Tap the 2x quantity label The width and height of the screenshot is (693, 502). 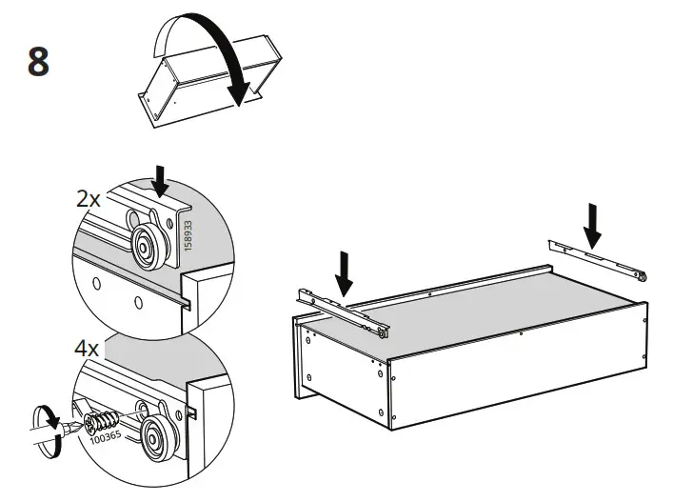point(89,199)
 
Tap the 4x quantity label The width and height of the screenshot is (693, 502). point(87,349)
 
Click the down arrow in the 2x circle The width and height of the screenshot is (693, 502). point(160,180)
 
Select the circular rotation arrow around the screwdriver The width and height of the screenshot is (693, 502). point(43,420)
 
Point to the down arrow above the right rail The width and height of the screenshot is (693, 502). point(593,222)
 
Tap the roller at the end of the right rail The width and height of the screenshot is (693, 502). point(643,277)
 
